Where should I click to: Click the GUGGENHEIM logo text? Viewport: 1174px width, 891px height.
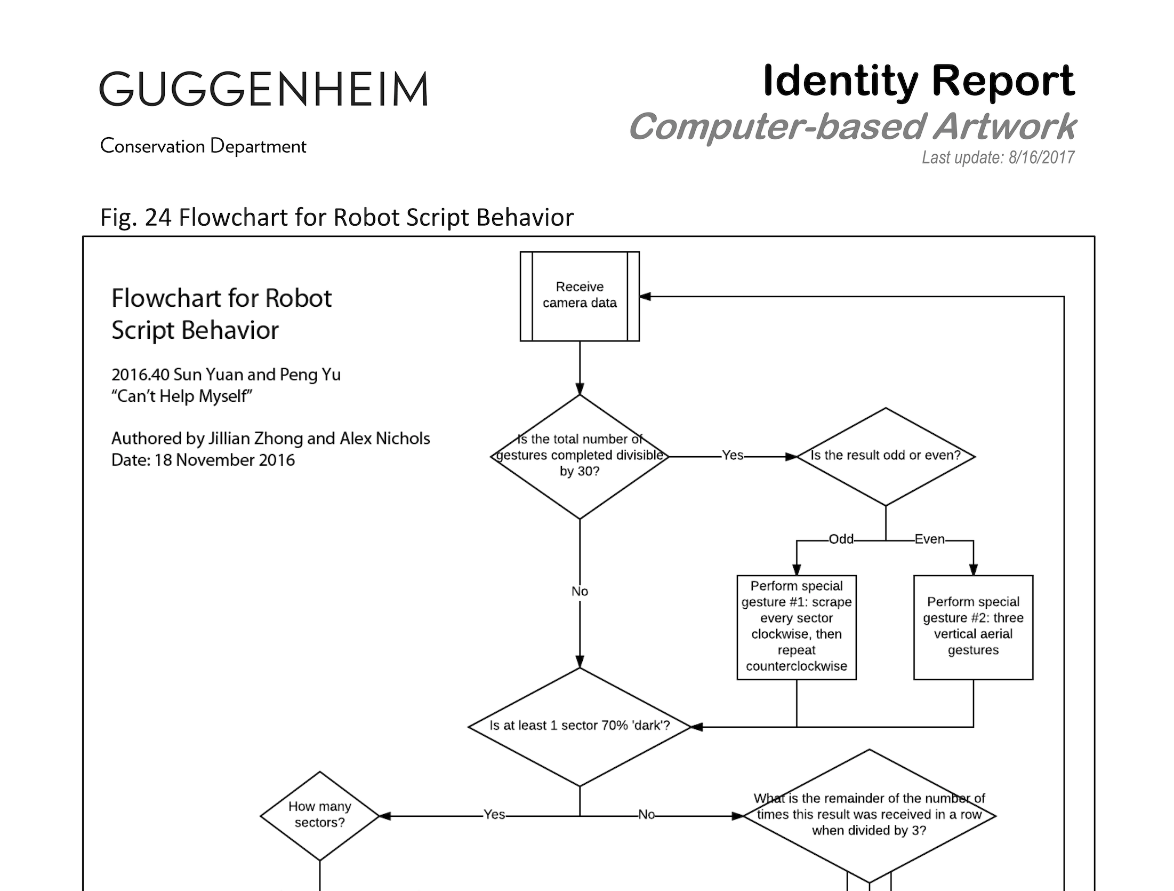point(263,89)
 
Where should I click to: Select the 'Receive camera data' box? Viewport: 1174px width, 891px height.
point(579,296)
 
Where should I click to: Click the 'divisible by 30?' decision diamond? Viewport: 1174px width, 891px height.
point(579,456)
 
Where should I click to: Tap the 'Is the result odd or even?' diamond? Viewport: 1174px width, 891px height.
point(885,456)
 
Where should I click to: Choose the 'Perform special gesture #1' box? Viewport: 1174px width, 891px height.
point(796,626)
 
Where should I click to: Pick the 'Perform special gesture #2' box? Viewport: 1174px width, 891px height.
point(972,626)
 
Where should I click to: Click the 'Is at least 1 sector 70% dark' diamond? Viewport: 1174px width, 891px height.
point(579,726)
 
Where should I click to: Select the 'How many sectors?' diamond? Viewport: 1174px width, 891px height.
point(319,815)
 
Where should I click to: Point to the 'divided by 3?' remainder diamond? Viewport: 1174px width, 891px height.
point(869,815)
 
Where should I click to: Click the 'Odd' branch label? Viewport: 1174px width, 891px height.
point(841,539)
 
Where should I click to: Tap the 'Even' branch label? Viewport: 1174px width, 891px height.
point(929,539)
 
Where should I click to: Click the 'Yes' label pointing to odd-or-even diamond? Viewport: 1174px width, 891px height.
point(733,455)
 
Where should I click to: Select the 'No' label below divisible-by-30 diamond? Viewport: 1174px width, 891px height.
point(580,591)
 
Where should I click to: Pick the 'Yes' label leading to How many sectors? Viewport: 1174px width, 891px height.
point(494,815)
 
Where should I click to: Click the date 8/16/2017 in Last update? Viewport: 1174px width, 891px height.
point(1041,157)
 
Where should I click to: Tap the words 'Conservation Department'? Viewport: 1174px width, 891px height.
point(203,146)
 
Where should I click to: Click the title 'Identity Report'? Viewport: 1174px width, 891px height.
point(918,81)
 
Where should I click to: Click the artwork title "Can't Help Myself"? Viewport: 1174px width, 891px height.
point(182,396)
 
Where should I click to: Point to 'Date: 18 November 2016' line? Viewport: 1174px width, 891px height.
point(203,460)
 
